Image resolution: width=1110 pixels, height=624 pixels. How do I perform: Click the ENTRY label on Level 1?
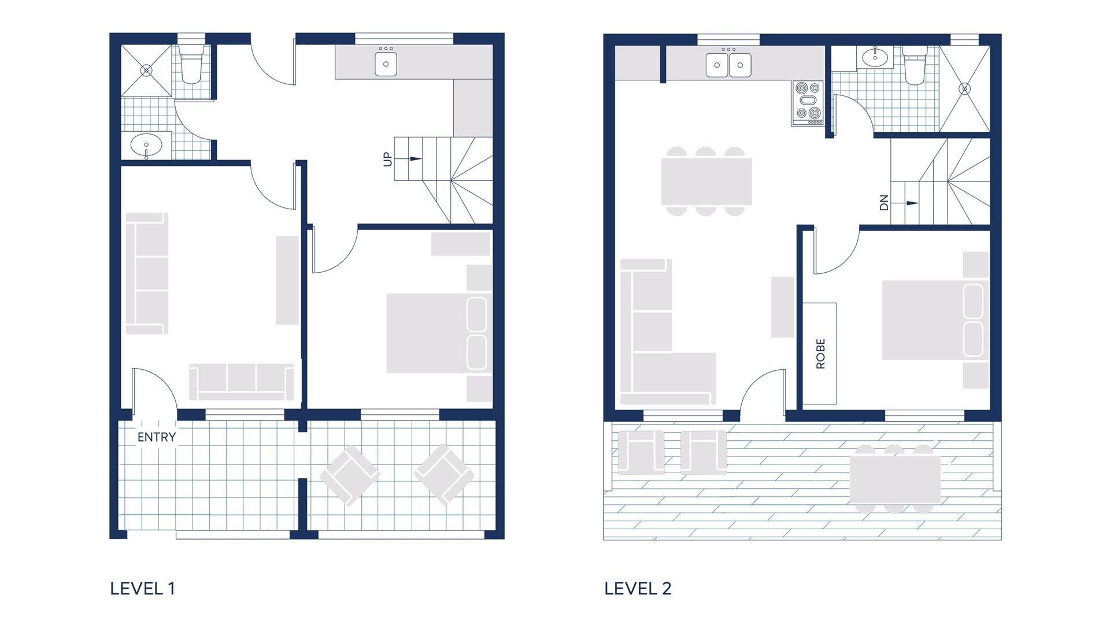(x=156, y=437)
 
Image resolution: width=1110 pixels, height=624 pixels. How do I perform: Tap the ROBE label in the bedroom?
(x=820, y=354)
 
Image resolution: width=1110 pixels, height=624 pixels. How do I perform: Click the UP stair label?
(x=387, y=159)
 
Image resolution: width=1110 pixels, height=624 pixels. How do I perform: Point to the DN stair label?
(x=883, y=203)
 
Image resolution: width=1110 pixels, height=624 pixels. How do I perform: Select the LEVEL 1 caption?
(x=142, y=589)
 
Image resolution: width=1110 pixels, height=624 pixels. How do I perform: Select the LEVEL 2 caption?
(x=638, y=589)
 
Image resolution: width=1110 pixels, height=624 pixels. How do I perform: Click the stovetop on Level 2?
(x=808, y=103)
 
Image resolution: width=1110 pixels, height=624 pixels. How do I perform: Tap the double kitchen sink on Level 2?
(x=728, y=65)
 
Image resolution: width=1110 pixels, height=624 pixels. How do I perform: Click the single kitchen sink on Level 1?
(x=386, y=64)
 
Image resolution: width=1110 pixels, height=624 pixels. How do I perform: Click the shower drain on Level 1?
(x=147, y=70)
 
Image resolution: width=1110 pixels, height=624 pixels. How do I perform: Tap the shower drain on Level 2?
(x=964, y=89)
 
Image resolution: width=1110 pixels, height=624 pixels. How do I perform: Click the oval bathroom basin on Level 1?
(x=146, y=145)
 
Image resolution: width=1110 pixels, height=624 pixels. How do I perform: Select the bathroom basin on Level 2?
(x=876, y=57)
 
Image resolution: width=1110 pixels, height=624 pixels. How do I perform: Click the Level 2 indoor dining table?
(x=706, y=181)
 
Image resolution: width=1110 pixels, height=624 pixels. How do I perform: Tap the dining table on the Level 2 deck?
(x=894, y=479)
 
